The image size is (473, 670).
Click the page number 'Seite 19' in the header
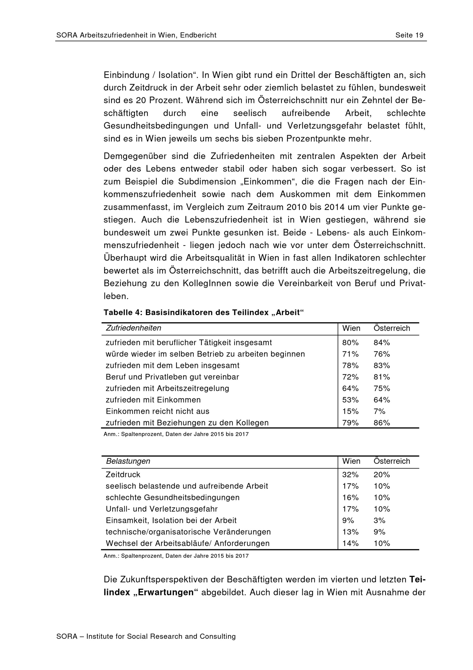point(409,35)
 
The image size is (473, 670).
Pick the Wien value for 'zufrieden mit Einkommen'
point(350,400)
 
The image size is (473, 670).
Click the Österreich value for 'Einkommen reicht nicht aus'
point(379,411)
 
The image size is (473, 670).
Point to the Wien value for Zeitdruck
point(350,475)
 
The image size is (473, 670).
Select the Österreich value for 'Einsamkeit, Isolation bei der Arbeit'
point(379,520)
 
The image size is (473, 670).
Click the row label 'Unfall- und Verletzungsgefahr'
point(162,509)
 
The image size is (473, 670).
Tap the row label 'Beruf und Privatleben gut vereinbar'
point(172,377)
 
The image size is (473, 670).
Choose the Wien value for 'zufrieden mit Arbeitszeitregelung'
point(350,389)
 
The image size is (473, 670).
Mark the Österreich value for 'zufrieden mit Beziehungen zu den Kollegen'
point(381,423)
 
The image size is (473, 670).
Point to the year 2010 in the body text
point(296,207)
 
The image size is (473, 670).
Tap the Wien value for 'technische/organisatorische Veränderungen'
point(350,532)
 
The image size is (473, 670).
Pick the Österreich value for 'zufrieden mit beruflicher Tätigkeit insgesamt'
point(381,343)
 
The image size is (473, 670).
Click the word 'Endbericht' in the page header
point(198,35)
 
